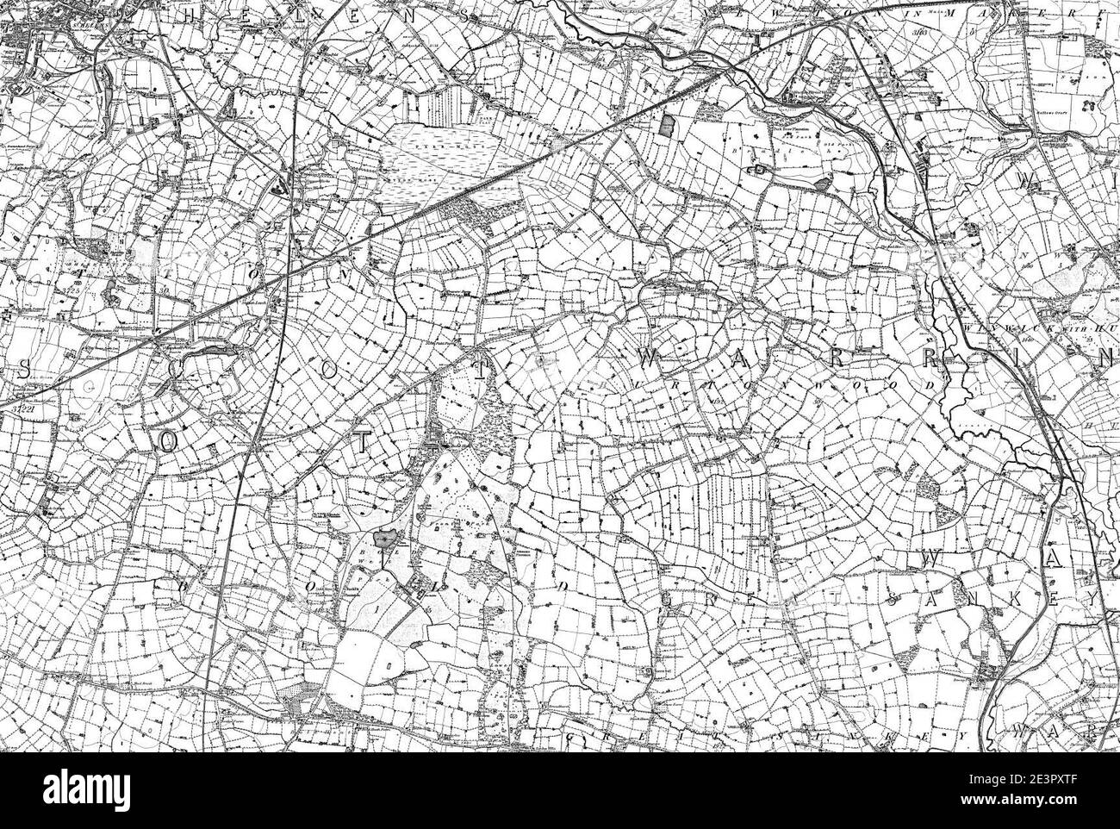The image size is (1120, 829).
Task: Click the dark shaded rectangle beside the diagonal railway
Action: [x=665, y=125]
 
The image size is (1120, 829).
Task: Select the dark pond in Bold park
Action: [x=384, y=539]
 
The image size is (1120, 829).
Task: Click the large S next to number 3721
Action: [x=23, y=369]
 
